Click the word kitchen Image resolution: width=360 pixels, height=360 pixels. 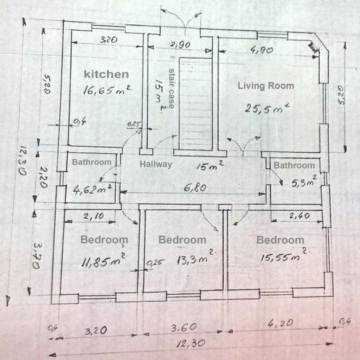106,74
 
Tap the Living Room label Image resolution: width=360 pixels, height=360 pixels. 265,86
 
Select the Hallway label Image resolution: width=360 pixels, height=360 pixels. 156,164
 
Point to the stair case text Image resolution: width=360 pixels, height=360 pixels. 171,88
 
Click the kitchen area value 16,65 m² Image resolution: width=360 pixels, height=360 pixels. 107,90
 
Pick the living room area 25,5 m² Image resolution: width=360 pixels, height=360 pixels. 267,108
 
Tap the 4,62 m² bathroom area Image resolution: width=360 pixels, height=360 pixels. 92,190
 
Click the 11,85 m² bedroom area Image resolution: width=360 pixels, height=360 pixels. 104,261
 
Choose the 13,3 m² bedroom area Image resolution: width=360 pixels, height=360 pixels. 196,258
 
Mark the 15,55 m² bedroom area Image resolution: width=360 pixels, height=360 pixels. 284,255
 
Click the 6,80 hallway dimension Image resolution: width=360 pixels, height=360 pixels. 195,188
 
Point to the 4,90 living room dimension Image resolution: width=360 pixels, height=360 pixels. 262,50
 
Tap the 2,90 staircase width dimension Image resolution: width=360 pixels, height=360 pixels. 180,44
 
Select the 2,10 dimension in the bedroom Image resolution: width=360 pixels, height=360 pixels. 93,216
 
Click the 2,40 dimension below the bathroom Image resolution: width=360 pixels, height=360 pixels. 300,215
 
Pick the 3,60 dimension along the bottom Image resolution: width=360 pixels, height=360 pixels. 184,327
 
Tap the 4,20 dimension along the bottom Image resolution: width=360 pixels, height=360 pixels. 281,324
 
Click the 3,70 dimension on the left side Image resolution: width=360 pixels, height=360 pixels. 37,256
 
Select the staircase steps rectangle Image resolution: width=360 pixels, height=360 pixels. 196,104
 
